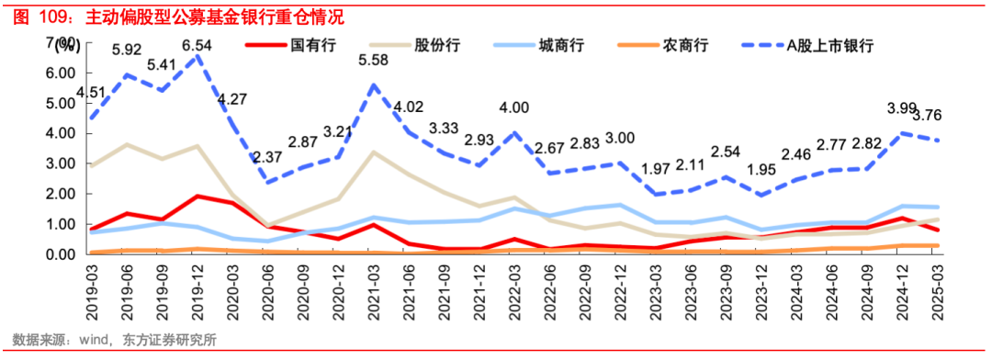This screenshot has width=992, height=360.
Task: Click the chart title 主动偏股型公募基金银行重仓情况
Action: [216, 17]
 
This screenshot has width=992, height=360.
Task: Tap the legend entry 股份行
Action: [437, 45]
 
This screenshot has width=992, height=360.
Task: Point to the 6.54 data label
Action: [197, 44]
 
